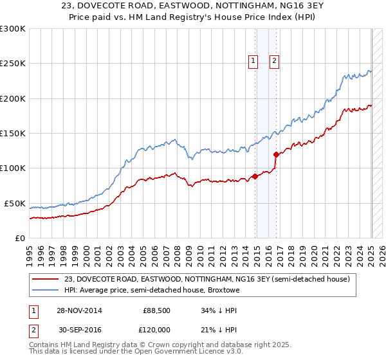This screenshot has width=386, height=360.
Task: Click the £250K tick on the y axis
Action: pos(14,64)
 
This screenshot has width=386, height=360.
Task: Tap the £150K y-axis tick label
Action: pos(14,133)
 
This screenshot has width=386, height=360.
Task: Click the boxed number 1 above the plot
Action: pos(252,61)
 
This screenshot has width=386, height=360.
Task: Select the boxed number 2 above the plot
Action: pos(274,61)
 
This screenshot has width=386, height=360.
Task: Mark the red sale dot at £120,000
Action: pos(276,154)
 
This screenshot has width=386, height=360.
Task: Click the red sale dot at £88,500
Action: pos(255,176)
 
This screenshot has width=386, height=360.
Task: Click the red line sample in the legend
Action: pos(46,279)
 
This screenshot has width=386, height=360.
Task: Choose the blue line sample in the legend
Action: pos(46,290)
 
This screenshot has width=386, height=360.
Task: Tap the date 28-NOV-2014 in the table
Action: pos(78,310)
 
